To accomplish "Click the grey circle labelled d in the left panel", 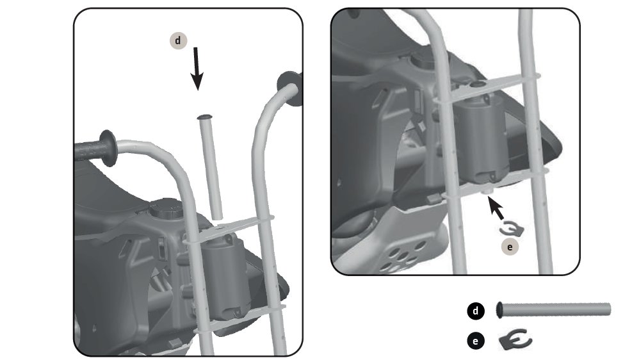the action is pos(178,40).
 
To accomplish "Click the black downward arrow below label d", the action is pos(197,69).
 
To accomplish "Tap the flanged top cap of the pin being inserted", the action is pos(204,117).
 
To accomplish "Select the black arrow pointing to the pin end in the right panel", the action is pos(496,208).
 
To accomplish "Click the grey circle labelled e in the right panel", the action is pos(510,247).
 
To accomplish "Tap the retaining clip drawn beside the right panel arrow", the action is pos(511,229).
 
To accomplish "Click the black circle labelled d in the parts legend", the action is pos(476,311).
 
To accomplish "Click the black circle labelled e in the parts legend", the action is pos(476,341).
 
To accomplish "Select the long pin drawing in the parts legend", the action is pos(553,310).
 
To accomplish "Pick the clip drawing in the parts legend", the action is pos(515,340).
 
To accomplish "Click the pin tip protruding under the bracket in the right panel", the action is pos(487,192).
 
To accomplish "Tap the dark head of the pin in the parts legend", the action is pos(499,310).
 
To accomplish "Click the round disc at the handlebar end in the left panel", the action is pos(290,88).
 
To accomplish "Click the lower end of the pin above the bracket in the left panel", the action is pos(217,217).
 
